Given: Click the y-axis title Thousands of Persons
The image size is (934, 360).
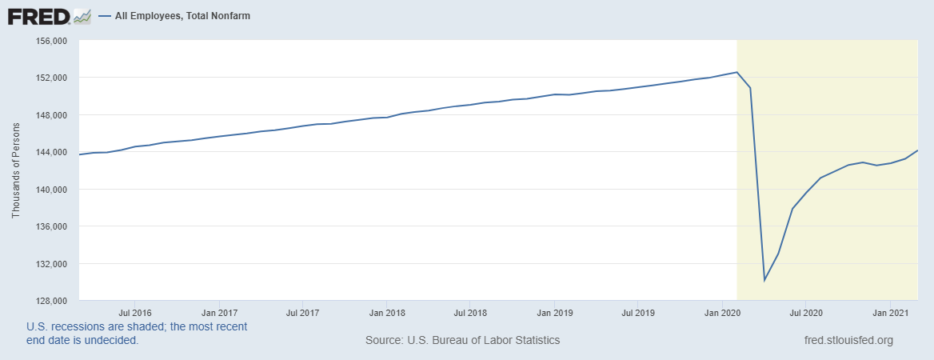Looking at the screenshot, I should [x=16, y=170].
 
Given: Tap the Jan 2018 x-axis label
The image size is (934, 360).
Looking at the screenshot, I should [x=386, y=313].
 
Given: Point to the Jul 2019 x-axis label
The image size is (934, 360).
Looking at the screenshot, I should [x=639, y=313].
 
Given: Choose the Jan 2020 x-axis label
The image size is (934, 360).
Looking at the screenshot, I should [x=723, y=313].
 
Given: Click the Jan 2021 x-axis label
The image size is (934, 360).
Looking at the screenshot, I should [x=892, y=313].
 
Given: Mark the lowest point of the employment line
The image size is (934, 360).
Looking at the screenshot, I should [x=764, y=280].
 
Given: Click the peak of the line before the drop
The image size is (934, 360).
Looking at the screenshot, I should [x=736, y=72].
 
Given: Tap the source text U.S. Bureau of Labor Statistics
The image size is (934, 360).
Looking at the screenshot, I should [x=462, y=341].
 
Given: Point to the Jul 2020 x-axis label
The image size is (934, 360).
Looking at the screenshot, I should [x=807, y=313].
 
